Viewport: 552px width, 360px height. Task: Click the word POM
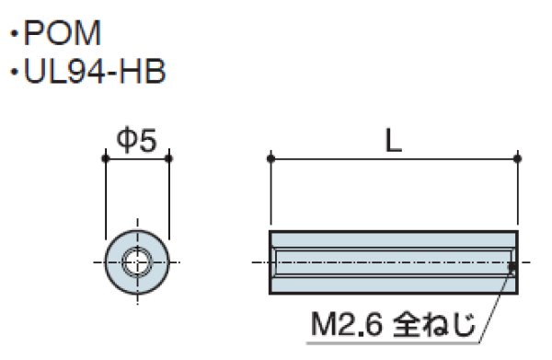(63, 33)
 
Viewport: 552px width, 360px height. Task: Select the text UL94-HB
(95, 71)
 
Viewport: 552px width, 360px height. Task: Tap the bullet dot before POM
(14, 34)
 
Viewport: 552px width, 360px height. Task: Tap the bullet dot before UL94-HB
(14, 72)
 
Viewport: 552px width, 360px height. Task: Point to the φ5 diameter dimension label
(136, 140)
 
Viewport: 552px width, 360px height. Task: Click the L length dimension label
(393, 140)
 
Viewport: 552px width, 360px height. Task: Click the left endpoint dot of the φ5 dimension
(106, 158)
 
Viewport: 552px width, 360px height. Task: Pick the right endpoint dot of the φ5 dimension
(169, 158)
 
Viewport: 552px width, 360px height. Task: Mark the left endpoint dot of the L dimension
(270, 158)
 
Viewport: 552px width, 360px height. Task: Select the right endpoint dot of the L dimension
(517, 158)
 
